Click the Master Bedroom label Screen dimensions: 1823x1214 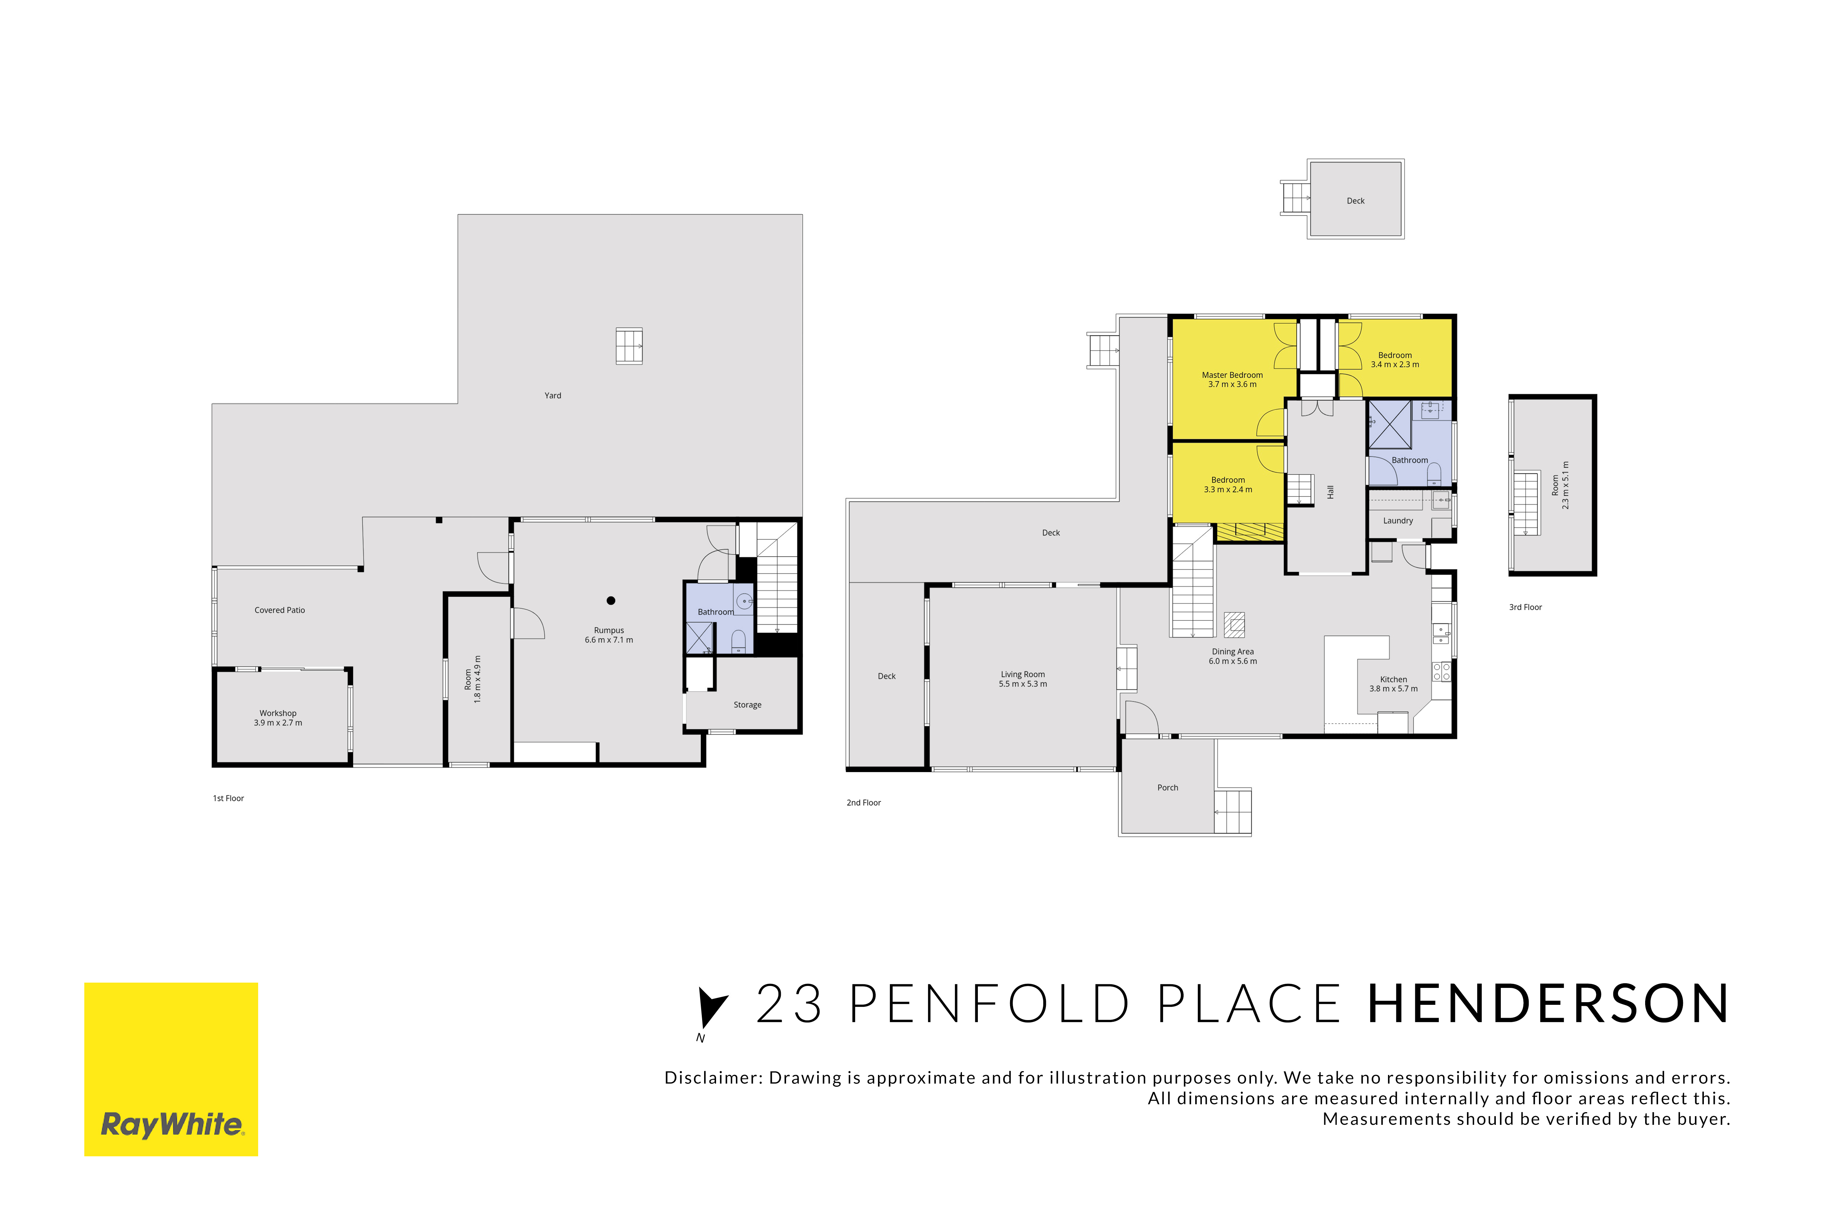point(1232,379)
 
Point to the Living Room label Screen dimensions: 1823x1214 point(1023,679)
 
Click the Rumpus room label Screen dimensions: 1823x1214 point(609,635)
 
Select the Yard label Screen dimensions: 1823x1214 point(552,395)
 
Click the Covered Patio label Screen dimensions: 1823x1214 point(280,610)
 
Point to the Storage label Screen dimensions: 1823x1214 point(748,704)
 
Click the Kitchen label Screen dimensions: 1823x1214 point(1393,684)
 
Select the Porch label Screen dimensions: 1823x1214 point(1168,787)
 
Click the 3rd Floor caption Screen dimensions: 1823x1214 point(1525,607)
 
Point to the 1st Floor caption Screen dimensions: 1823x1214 point(229,798)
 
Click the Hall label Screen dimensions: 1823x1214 point(1330,492)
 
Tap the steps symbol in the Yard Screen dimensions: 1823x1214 point(629,346)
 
